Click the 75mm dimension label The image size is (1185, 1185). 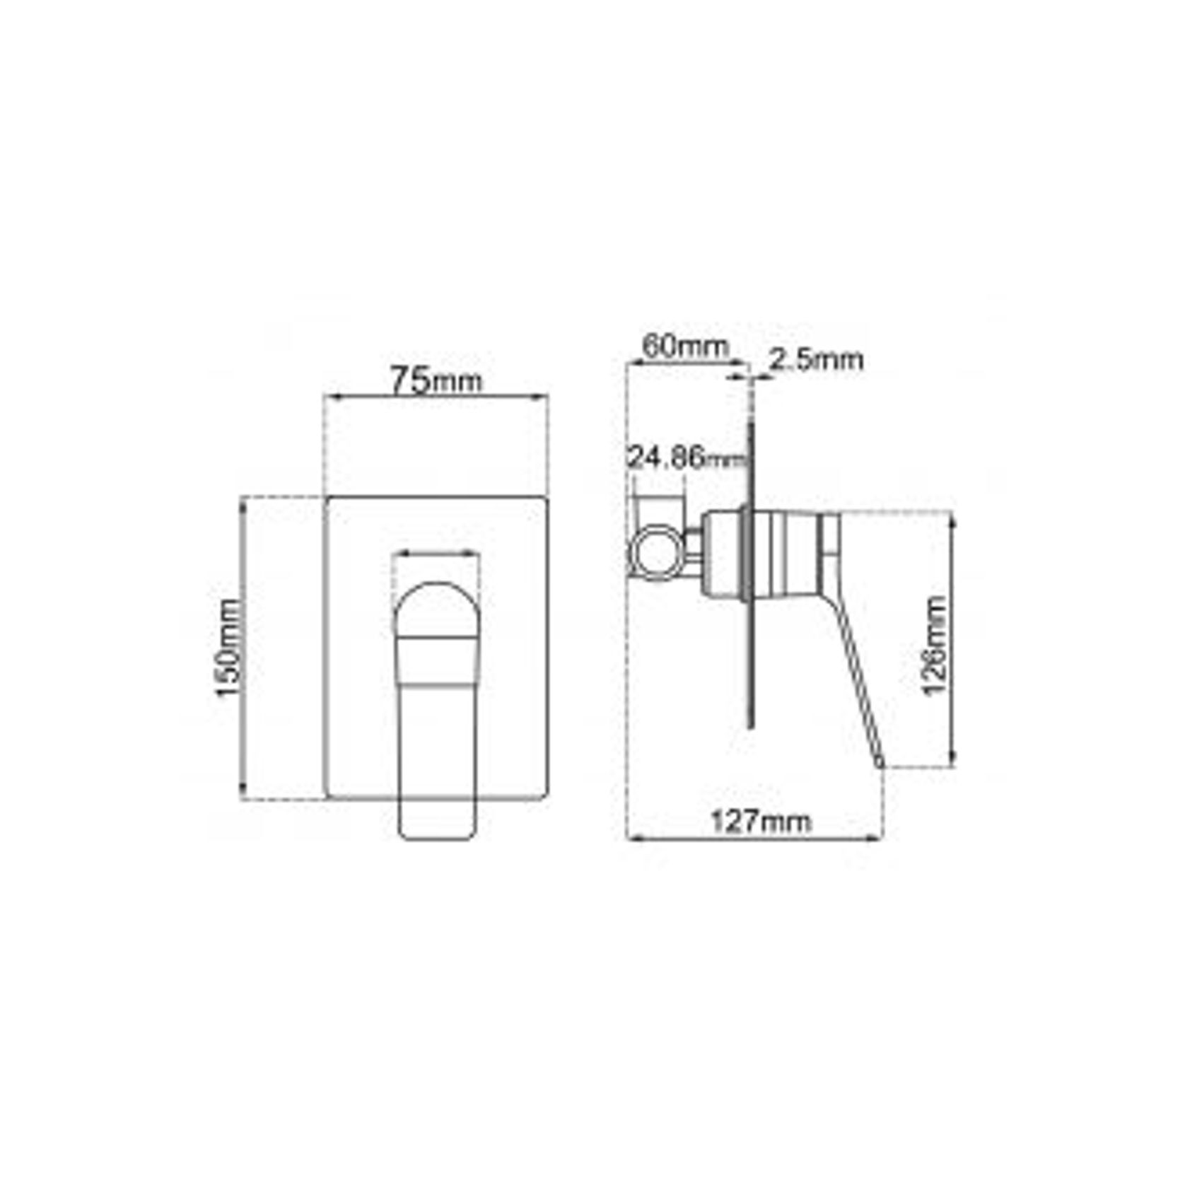point(436,380)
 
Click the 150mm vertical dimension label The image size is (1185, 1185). point(228,648)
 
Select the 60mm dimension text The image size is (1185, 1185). point(684,346)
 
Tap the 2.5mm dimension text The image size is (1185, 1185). point(816,360)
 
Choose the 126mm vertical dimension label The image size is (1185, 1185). point(935,646)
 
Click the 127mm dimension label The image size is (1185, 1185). point(760,822)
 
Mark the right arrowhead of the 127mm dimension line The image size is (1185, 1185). point(877,839)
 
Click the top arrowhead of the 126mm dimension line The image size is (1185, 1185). point(952,521)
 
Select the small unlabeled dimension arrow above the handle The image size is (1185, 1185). point(436,554)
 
